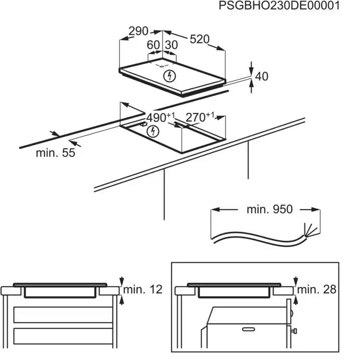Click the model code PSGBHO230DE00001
279,6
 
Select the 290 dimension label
138,31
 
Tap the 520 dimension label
199,39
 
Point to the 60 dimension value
153,45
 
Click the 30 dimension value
171,45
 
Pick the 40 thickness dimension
261,76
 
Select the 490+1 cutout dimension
161,117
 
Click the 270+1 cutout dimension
200,117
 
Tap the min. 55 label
55,153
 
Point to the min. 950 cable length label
269,209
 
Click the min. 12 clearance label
143,290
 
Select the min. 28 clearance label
317,290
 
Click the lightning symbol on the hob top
170,76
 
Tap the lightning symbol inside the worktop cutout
153,131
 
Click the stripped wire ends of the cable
310,230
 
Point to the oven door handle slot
249,329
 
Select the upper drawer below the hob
63,315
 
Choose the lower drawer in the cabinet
63,336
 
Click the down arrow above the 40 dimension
252,68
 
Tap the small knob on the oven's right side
294,331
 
